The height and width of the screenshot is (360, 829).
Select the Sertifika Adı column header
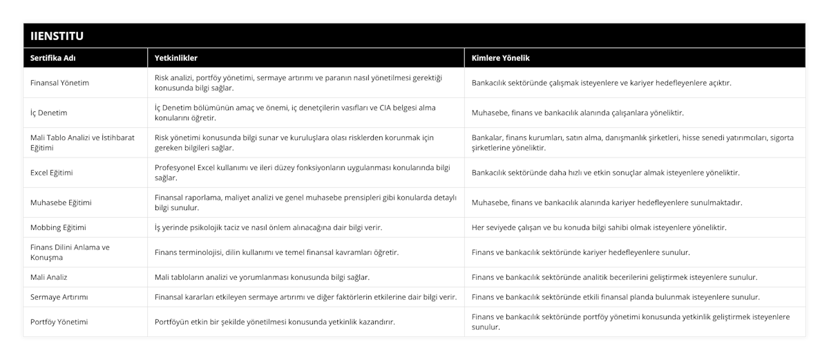[53, 58]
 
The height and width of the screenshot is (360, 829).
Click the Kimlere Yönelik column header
[500, 58]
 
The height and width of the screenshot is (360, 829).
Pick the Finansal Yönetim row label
[60, 83]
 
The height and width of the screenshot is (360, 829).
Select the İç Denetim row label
[49, 113]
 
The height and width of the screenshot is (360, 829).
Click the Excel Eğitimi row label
[52, 173]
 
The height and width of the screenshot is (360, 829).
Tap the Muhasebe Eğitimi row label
[61, 202]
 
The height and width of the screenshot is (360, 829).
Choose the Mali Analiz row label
[49, 277]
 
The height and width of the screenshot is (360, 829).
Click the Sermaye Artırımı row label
[59, 297]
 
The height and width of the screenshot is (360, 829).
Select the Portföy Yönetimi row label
[59, 322]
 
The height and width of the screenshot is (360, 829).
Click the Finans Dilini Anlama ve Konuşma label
[70, 252]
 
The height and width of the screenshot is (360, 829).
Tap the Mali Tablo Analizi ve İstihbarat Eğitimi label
[82, 142]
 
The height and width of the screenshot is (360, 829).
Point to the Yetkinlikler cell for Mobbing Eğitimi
[269, 227]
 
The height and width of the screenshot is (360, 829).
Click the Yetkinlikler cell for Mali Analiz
[262, 277]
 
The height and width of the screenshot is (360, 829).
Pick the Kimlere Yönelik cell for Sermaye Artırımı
[616, 297]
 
